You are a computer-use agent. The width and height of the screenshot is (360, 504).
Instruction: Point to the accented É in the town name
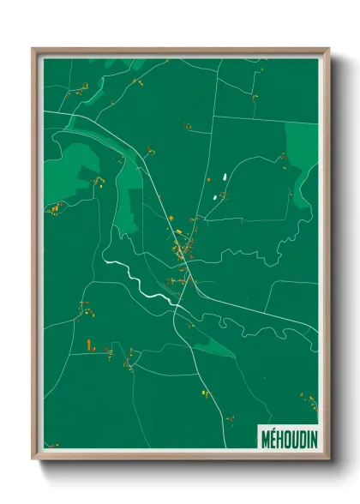coord(273,435)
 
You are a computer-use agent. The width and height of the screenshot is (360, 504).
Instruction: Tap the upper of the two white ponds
coord(225,177)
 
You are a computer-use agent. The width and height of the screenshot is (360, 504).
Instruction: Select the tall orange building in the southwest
coord(88,345)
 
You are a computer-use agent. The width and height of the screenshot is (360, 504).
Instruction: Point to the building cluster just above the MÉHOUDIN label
coord(304,399)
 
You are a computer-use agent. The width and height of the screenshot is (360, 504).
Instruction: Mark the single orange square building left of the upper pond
coord(207,181)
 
